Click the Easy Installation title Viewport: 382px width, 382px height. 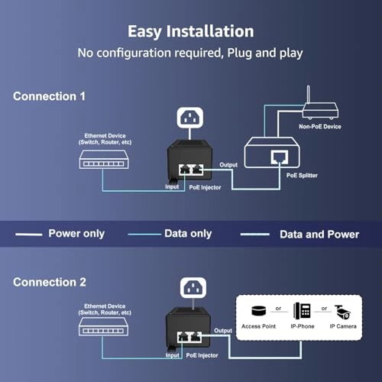[x=190, y=31]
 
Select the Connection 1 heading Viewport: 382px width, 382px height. [x=50, y=96]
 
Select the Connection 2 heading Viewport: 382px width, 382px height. [x=50, y=282]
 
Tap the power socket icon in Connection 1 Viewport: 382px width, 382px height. [x=189, y=118]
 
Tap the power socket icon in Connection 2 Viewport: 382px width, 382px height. [x=189, y=289]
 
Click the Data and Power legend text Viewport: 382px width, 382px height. [x=321, y=234]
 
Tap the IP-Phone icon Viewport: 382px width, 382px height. [x=302, y=312]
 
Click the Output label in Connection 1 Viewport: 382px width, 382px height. [x=228, y=164]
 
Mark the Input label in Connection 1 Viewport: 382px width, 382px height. [x=173, y=186]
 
